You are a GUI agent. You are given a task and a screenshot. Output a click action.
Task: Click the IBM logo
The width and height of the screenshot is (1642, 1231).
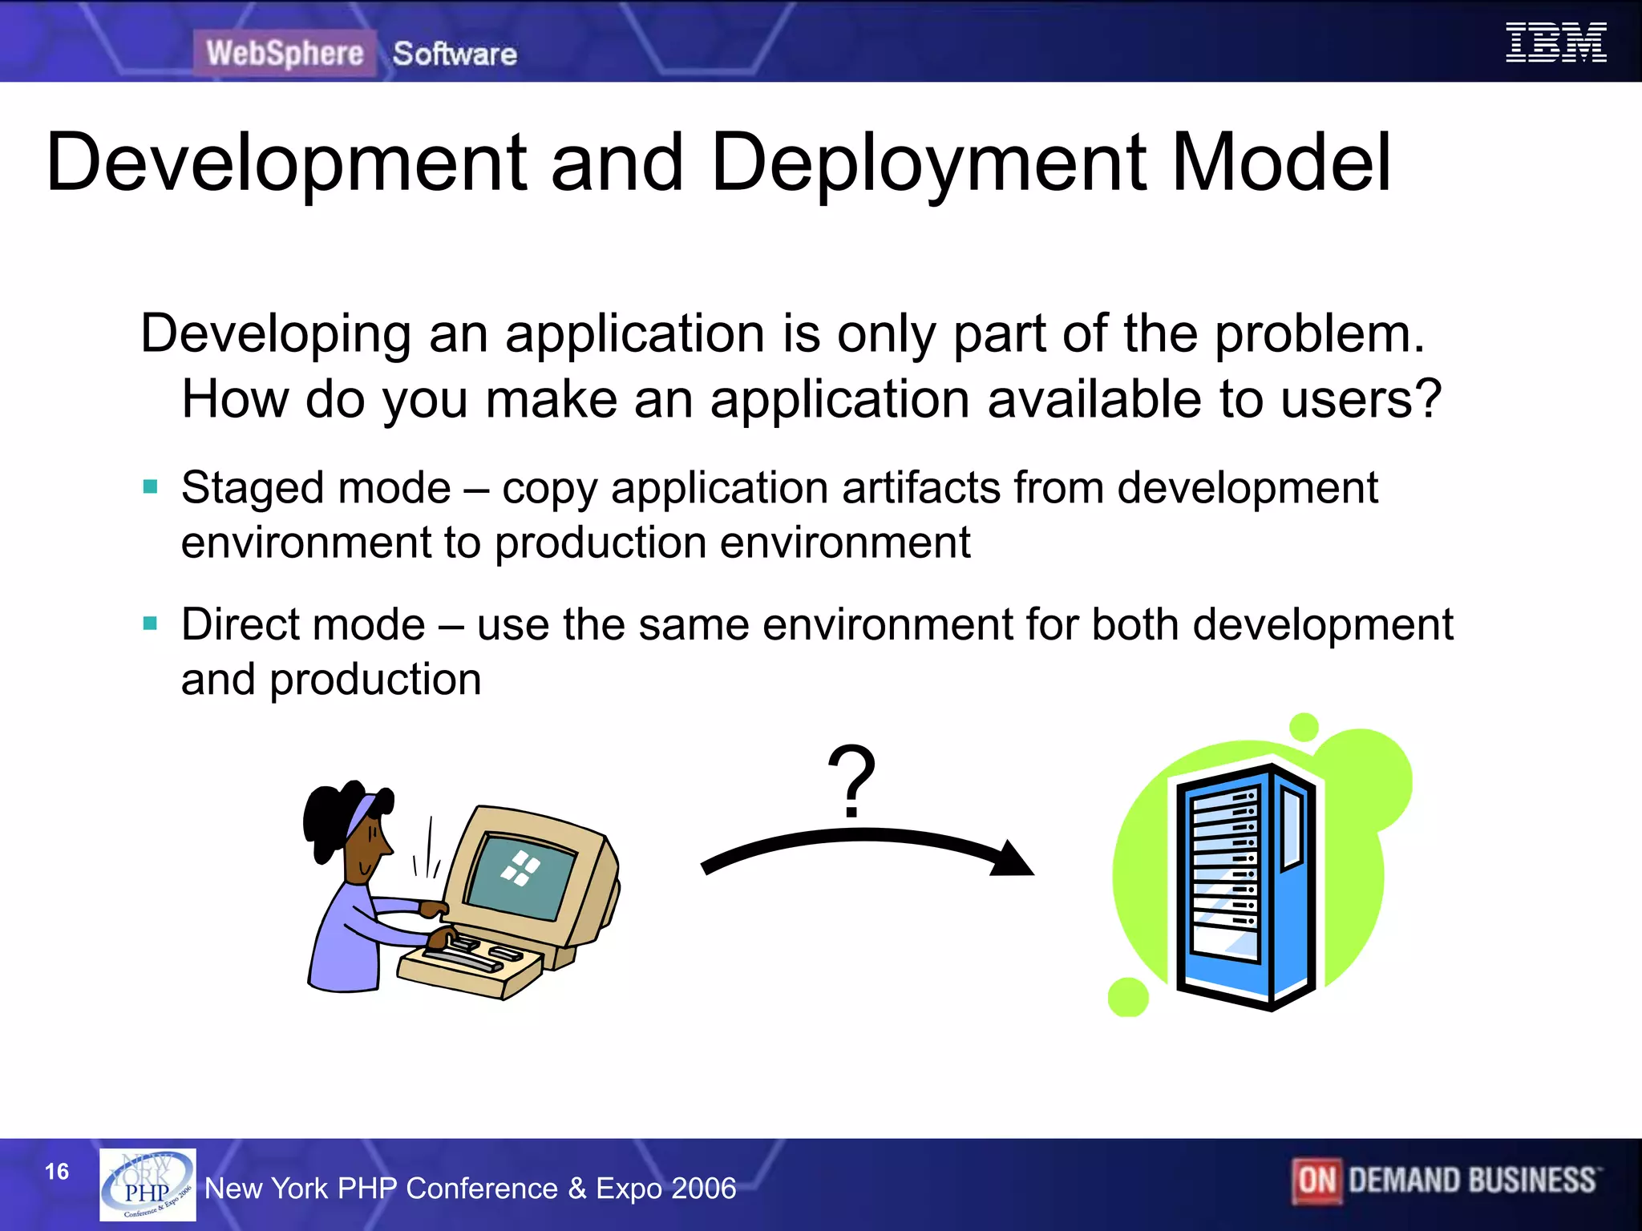[x=1555, y=42]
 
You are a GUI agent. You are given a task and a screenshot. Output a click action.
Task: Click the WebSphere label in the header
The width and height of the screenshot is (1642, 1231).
[x=285, y=54]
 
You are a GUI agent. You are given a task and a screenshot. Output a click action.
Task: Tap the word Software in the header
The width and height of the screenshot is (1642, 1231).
[x=455, y=54]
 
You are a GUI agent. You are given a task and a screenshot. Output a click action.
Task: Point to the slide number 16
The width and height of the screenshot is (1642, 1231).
[x=57, y=1172]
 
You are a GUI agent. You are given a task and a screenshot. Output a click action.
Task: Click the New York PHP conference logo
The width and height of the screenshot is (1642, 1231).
[x=148, y=1185]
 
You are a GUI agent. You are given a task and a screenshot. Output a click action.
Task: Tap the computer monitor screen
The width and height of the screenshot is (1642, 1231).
[x=521, y=875]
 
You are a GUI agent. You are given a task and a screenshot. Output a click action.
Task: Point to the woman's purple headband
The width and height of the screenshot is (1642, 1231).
[x=361, y=814]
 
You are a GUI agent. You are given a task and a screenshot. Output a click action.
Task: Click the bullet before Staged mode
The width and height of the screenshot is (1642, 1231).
[x=150, y=486]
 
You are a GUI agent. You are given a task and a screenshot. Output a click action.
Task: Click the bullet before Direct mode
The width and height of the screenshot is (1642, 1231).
[x=150, y=624]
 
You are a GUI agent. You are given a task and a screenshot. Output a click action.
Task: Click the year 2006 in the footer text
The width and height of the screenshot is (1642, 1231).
[x=703, y=1188]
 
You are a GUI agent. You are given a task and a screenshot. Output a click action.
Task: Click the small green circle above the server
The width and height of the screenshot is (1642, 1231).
[x=1304, y=727]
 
